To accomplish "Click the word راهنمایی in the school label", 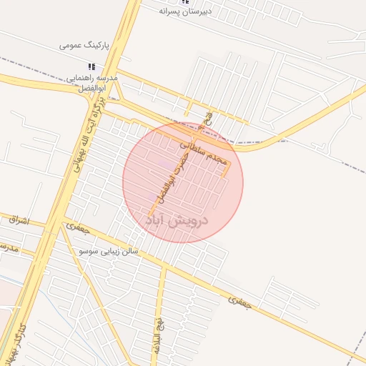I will (79, 77).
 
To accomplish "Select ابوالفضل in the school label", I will (91, 88).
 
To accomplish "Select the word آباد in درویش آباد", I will (158, 222).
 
